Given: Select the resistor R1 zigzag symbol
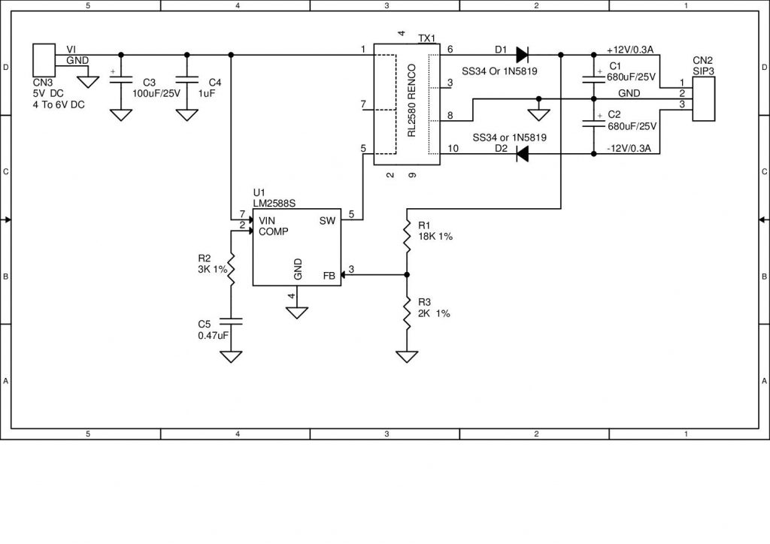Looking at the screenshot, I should point(407,237).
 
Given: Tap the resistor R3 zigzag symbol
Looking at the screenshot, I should point(407,314).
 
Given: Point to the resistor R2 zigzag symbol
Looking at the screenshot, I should point(231,268).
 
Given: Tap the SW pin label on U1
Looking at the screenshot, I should point(327,220).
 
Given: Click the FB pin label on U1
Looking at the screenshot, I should point(329,275).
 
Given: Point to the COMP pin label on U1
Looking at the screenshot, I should point(274,231).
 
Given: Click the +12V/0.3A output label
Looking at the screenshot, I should point(629,50).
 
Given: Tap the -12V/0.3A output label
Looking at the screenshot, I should point(629,149).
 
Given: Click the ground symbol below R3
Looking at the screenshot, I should point(407,356).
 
